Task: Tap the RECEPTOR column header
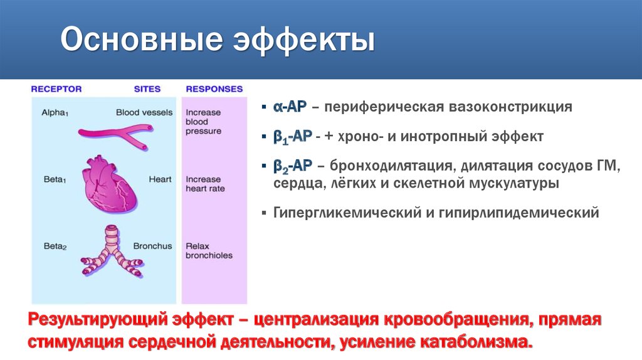pyautogui.click(x=56, y=89)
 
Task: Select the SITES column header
pyautogui.click(x=147, y=89)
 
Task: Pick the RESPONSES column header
pyautogui.click(x=214, y=89)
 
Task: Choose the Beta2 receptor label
pyautogui.click(x=55, y=246)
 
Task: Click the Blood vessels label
pyautogui.click(x=144, y=112)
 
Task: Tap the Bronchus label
pyautogui.click(x=152, y=246)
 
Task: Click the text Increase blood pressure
pyautogui.click(x=203, y=122)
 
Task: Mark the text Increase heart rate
pyautogui.click(x=204, y=184)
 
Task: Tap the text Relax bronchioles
pyautogui.click(x=208, y=251)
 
